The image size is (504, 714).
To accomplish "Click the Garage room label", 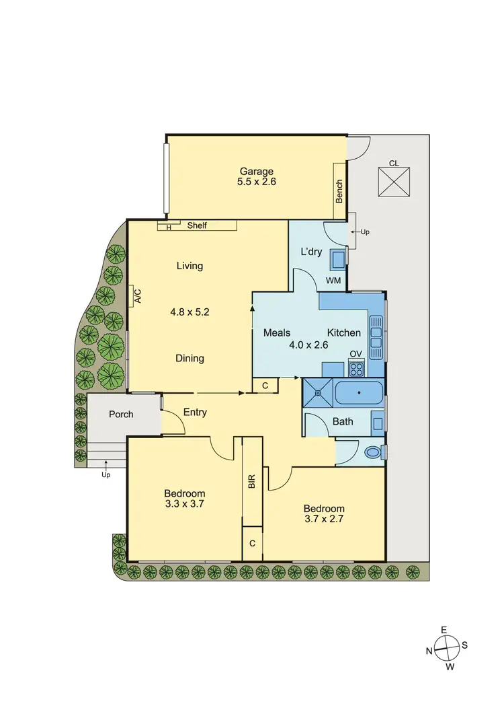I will [255, 171].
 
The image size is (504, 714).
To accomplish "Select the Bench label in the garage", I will [339, 191].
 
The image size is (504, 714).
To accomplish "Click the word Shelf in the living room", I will [197, 225].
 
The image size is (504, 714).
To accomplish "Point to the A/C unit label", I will [137, 296].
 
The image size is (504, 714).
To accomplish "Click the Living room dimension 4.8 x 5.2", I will [190, 312].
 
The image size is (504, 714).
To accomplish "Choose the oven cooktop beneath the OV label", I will [355, 368].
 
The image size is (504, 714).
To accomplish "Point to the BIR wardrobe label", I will [252, 482].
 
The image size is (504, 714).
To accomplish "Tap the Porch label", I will [122, 415].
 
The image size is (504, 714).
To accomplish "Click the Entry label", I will [195, 413].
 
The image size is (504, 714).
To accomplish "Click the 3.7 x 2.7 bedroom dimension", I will [324, 519].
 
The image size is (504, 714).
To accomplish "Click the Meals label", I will [277, 333].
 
